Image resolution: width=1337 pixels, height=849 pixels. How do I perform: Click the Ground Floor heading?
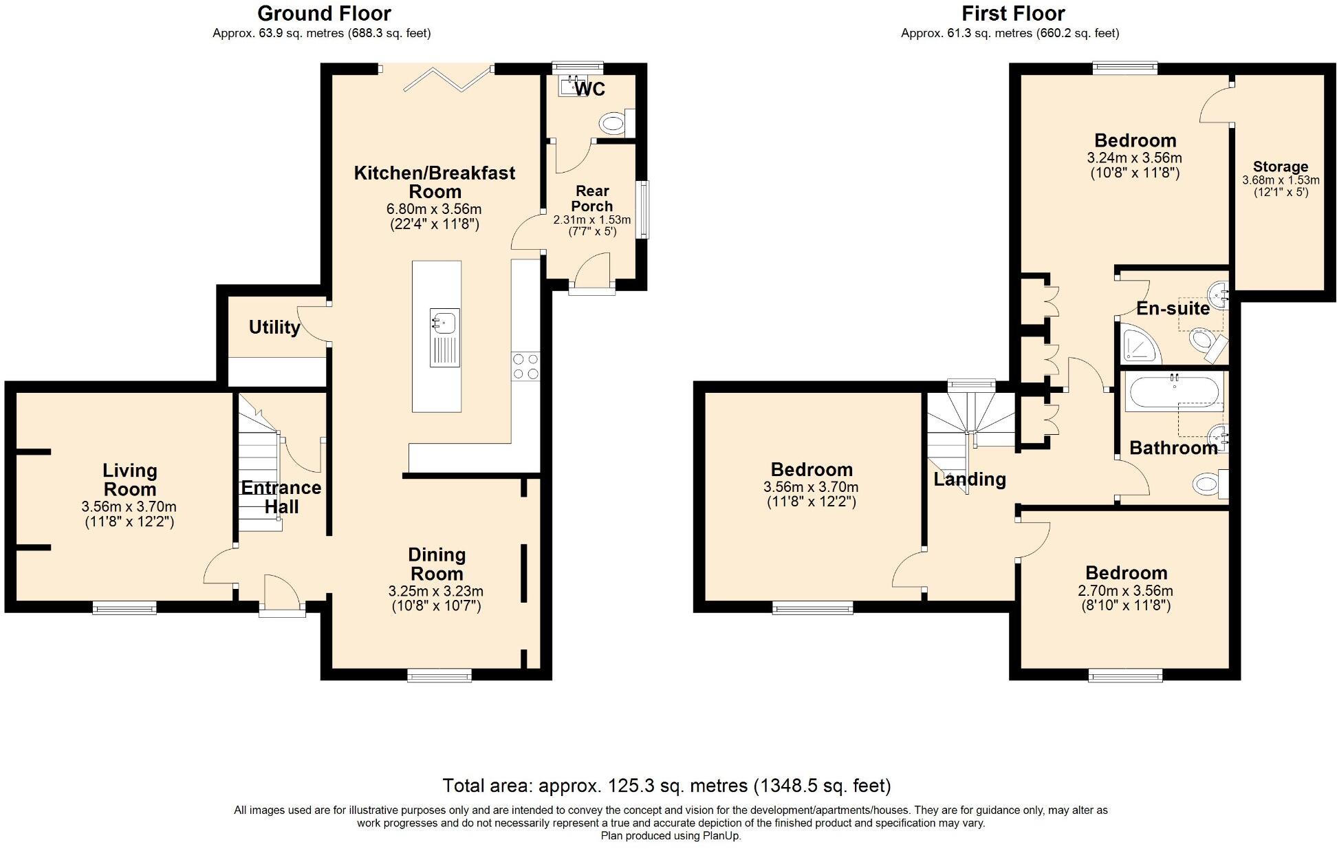click(x=324, y=13)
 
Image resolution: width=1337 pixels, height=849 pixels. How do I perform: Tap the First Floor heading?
click(x=1013, y=13)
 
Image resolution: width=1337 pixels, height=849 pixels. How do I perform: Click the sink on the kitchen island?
click(x=444, y=321)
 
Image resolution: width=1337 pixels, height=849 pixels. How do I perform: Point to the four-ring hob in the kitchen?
click(x=525, y=365)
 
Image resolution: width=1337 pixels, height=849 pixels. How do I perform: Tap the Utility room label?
click(x=274, y=327)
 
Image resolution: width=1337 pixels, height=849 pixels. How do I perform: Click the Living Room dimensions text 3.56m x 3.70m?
click(x=129, y=507)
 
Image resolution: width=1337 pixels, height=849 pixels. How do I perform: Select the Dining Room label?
click(x=437, y=564)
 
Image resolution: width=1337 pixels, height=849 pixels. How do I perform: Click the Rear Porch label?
click(x=592, y=198)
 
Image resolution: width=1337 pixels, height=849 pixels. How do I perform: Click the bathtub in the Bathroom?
click(x=1174, y=392)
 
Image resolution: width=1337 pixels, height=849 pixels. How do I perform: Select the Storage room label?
click(x=1281, y=166)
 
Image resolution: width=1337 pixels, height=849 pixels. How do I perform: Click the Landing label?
click(x=970, y=479)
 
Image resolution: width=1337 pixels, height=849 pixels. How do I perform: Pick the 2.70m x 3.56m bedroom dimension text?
click(x=1126, y=591)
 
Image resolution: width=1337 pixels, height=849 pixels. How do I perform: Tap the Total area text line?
click(x=666, y=786)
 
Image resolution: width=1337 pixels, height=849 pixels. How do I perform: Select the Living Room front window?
click(x=124, y=608)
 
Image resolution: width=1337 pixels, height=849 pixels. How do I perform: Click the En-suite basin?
click(x=1218, y=295)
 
